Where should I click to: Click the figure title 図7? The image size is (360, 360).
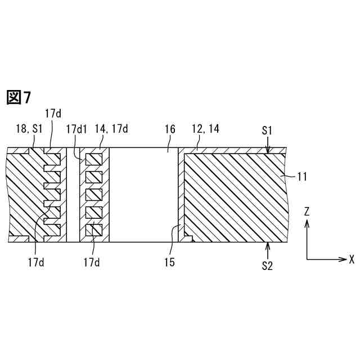coord(19,97)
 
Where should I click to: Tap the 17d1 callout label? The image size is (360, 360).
coord(76,129)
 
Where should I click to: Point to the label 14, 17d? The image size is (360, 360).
coord(112,129)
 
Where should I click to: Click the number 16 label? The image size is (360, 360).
coord(169,129)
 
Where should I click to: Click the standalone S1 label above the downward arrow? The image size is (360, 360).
coord(268,130)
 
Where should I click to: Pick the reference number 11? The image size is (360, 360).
coord(301,177)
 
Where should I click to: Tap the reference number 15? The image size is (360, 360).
coord(169,262)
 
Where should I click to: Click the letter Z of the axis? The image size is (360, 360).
coord(307,211)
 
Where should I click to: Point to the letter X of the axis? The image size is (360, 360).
coord(352,259)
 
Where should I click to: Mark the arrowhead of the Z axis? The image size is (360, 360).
coord(307,222)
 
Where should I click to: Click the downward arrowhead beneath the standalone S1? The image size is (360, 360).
coord(268,150)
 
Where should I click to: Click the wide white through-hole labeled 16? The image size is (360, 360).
coord(143,195)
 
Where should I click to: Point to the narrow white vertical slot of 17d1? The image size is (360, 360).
coord(73,195)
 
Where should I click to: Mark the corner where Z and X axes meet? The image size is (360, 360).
coord(307,259)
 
